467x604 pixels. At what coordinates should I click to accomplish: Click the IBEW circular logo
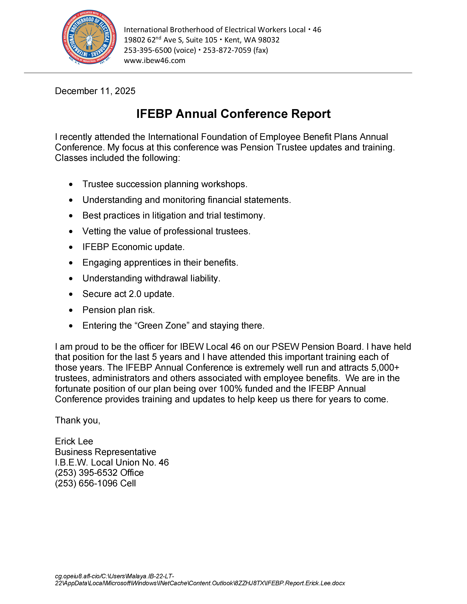point(89,37)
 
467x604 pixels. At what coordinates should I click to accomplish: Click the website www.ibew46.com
point(154,61)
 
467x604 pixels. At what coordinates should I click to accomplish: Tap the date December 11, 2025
point(95,91)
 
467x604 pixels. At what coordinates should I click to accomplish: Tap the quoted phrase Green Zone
point(162,325)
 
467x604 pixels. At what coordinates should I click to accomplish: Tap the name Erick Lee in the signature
point(74,441)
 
